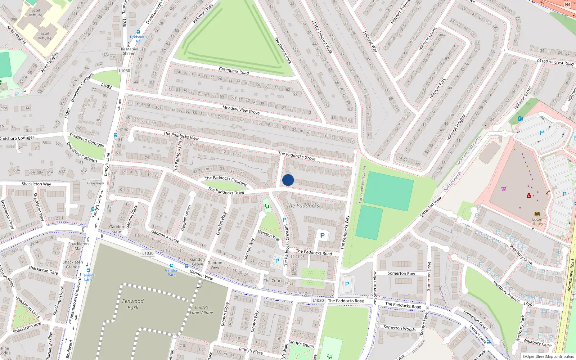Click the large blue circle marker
pos(288,180)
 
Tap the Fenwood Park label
pos(133,304)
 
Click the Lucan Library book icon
pos(537,214)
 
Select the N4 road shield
pos(567,5)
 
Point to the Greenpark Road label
pos(234,70)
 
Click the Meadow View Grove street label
pos(241,110)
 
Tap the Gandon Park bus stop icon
pos(172,266)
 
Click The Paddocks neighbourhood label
pos(303,206)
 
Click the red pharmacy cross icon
pos(528,195)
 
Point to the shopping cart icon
pos(504,189)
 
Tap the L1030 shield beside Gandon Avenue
pos(148,253)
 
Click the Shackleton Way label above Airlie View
pos(36,184)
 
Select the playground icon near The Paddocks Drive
pos(267,206)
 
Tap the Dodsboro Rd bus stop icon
pos(138,32)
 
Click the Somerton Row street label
pos(401,274)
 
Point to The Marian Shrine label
pos(129,51)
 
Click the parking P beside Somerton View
pos(347,284)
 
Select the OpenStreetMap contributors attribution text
pos(548,356)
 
